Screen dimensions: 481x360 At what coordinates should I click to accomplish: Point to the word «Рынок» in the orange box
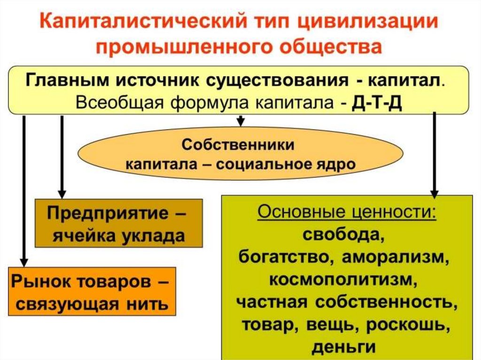click(38, 283)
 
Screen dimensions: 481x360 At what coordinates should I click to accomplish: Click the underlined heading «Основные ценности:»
click(346, 212)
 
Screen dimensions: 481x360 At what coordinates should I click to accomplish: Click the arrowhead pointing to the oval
click(240, 123)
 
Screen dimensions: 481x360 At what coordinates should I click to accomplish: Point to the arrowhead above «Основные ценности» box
click(434, 192)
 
